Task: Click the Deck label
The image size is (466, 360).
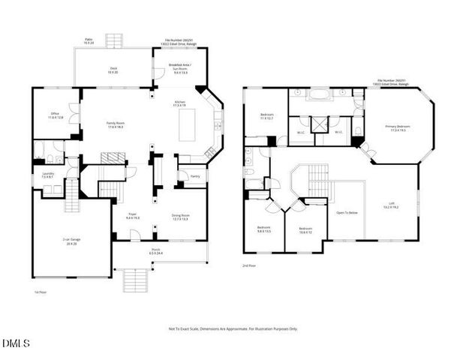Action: [x=113, y=70]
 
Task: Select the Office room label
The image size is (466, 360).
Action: [x=56, y=115]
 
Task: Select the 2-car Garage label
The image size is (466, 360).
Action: [x=71, y=241]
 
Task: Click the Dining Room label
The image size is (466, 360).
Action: [x=179, y=218]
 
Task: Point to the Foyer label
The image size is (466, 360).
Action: [x=132, y=217]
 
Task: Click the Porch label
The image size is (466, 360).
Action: [x=156, y=251]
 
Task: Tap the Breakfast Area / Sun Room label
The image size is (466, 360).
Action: [x=180, y=70]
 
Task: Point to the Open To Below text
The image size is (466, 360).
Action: [x=347, y=212]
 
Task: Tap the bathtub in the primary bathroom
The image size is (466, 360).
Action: [x=319, y=95]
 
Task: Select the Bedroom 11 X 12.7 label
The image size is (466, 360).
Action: [x=265, y=117]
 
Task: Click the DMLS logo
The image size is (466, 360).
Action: [x=16, y=343]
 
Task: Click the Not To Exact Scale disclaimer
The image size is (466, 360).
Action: [x=232, y=328]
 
